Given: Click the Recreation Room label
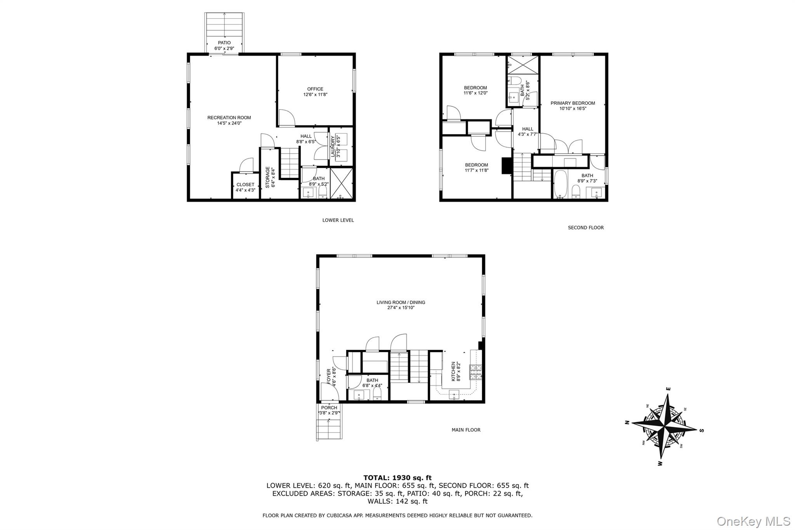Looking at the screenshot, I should click(229, 118).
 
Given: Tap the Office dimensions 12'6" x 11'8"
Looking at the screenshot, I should click(315, 94).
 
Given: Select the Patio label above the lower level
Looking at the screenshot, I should click(224, 43).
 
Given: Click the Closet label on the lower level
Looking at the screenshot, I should click(245, 185).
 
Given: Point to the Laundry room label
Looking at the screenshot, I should click(333, 147).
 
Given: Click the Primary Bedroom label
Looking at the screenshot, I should click(573, 103).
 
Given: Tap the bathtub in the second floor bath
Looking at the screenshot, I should click(559, 184).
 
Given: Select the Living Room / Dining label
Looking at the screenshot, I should click(401, 302).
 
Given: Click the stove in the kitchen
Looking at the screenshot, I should click(476, 372).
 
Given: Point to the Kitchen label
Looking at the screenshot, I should click(453, 372).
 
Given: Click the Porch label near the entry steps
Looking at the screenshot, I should click(329, 408).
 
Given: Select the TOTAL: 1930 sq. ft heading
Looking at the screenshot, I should click(397, 478).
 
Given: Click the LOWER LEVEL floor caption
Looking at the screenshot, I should click(338, 220).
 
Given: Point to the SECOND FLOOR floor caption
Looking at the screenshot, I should click(585, 228).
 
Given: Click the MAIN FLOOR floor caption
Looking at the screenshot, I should click(466, 430).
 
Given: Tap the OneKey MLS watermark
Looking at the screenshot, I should click(753, 521).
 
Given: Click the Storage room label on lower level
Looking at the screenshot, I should click(267, 177).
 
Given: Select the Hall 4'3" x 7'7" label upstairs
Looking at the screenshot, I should click(527, 129).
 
